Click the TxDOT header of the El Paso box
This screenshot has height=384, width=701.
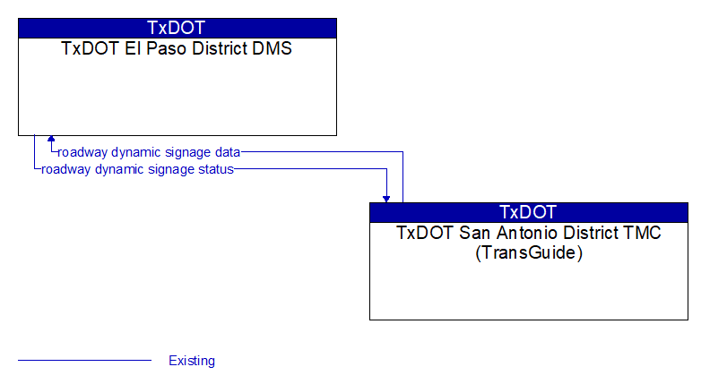[x=176, y=28]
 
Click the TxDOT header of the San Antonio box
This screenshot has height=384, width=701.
[x=528, y=212]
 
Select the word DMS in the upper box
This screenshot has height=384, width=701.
[x=272, y=48]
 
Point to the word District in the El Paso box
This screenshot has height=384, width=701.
[x=220, y=48]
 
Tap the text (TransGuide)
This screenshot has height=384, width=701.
[x=529, y=252]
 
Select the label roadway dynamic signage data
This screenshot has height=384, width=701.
[x=149, y=152]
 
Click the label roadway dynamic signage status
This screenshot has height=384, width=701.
[x=137, y=169]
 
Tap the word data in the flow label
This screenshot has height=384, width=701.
[x=228, y=152]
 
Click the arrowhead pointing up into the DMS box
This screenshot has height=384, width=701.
[x=51, y=139]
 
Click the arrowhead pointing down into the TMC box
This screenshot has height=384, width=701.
[x=386, y=199]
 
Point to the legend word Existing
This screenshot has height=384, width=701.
[x=192, y=361]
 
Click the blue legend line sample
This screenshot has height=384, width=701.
[x=84, y=360]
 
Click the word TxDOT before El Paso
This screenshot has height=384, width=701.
[x=91, y=48]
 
